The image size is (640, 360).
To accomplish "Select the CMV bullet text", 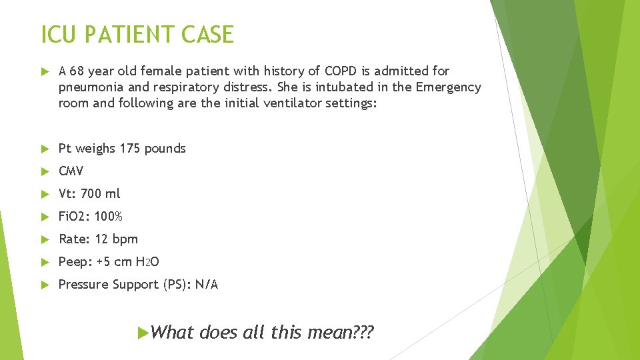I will click(71, 171).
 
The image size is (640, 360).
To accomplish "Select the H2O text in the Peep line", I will click(147, 261).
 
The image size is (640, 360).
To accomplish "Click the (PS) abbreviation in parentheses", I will click(175, 284).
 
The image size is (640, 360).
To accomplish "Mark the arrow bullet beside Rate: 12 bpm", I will click(44, 239).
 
